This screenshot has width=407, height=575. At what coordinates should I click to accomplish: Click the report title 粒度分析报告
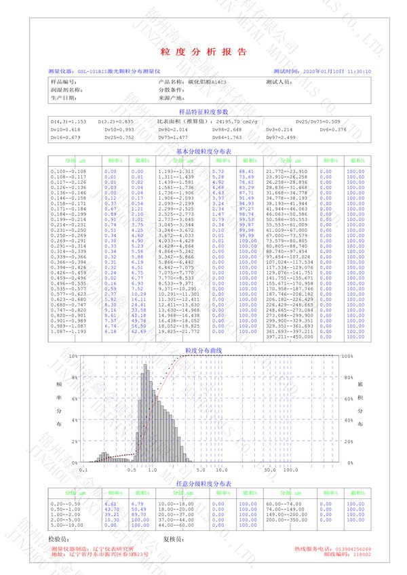coord(203,52)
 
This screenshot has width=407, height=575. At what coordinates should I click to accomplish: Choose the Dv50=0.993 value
coord(120,129)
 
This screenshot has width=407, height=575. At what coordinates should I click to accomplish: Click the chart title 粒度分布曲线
coord(203,351)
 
